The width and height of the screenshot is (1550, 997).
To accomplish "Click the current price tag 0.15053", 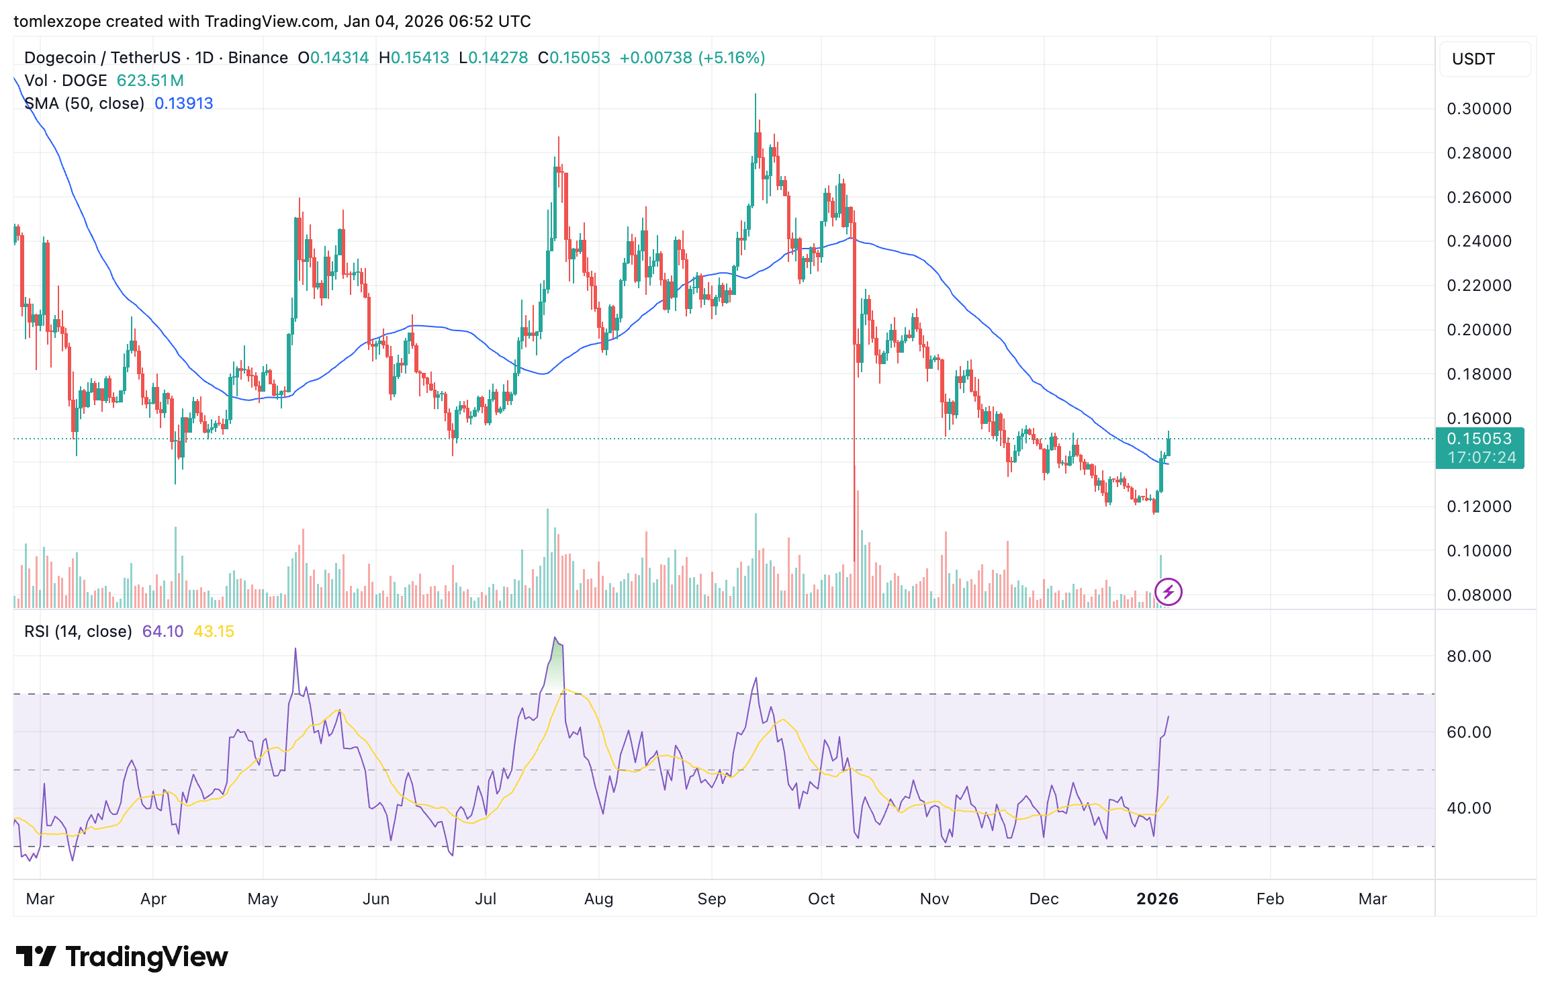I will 1479,439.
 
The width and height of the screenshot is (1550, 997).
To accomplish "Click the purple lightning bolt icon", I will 1169,592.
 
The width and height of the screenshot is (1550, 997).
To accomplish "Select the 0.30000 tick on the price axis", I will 1479,109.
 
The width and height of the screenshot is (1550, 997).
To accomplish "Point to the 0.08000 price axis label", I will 1479,595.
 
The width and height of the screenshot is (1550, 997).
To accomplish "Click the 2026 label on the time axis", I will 1157,899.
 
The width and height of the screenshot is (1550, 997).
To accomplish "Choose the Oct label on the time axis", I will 821,899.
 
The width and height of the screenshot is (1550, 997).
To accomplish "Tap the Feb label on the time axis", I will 1270,899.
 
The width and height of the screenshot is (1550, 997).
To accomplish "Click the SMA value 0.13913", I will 183,103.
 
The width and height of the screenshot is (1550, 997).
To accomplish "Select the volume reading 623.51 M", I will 150,81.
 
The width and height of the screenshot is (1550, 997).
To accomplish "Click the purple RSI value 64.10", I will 163,632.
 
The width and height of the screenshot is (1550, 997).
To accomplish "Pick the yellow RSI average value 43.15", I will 214,632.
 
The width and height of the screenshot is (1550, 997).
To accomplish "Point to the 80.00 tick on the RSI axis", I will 1469,656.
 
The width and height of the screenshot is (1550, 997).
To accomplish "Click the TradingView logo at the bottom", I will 122,957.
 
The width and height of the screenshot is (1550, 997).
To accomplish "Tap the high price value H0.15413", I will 414,58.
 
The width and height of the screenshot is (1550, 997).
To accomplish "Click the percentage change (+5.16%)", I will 731,58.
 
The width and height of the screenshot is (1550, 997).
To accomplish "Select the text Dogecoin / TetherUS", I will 102,58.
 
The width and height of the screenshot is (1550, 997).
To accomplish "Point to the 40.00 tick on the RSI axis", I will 1469,808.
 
